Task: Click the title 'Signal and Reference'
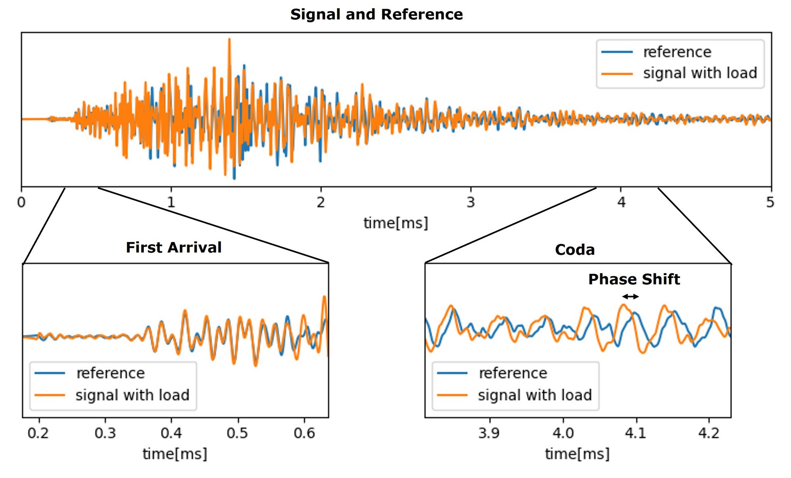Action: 377,14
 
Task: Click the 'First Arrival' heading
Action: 173,247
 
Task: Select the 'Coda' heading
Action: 575,250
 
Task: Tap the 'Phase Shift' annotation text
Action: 634,279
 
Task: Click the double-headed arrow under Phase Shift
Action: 630,296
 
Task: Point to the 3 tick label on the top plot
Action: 470,202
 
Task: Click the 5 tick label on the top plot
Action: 770,202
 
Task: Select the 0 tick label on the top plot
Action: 21,202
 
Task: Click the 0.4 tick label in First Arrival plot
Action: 171,433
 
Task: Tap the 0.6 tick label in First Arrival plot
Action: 304,433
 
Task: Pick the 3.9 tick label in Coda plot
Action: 489,433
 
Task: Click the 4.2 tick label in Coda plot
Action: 709,433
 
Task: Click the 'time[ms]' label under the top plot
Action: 395,223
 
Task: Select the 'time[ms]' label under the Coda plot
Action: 577,454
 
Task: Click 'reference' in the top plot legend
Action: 677,52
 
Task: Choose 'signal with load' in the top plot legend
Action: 700,73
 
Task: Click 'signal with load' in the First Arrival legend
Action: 132,395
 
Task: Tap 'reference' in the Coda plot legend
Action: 513,373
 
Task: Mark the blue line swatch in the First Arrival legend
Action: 50,373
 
